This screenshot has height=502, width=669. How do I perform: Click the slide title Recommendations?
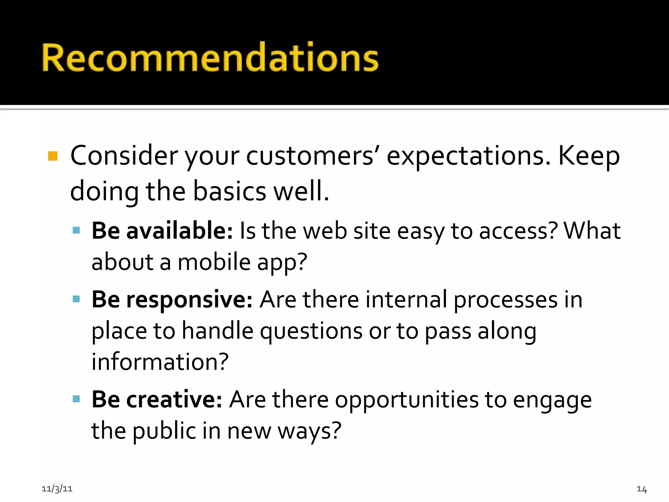click(210, 57)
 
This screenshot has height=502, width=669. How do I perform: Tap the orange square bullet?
click(53, 156)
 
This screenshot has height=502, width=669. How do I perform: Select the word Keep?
click(589, 156)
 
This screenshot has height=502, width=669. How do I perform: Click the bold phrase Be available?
click(162, 231)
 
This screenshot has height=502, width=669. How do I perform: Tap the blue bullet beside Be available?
click(76, 231)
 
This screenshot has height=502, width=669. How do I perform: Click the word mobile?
click(214, 262)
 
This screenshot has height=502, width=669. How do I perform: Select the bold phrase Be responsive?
click(172, 299)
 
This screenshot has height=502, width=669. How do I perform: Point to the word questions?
click(311, 331)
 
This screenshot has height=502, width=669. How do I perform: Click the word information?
click(160, 362)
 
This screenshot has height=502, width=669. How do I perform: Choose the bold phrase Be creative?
click(157, 399)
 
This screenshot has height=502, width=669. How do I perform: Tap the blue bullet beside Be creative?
click(76, 399)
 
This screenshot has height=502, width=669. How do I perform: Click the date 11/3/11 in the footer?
click(57, 489)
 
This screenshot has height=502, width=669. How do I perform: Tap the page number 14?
click(642, 489)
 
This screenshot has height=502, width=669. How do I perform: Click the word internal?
click(406, 299)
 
